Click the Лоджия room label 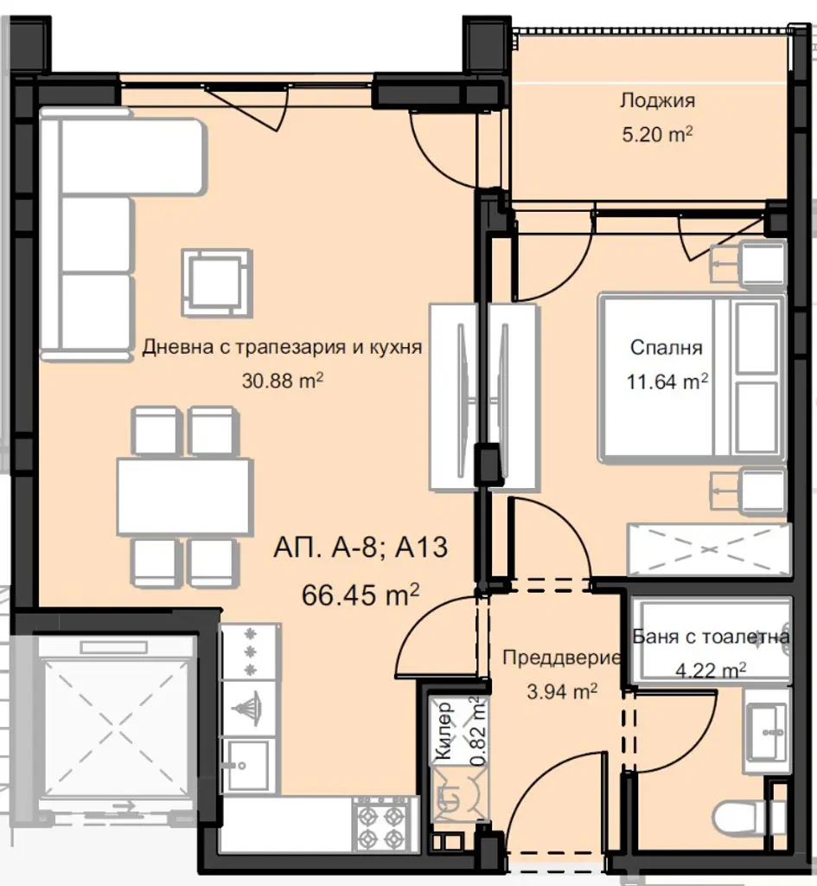(657, 101)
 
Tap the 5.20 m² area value (657, 134)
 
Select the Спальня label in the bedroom (667, 347)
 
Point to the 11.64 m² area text (667, 382)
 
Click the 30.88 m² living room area (283, 381)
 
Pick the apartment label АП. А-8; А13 (361, 548)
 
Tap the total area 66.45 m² (361, 594)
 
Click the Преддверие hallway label (561, 658)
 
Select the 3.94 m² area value (562, 691)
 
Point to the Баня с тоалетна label (711, 637)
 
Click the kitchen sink (248, 766)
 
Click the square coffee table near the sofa (217, 283)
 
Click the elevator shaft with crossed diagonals (117, 729)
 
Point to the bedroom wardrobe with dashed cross (709, 549)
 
